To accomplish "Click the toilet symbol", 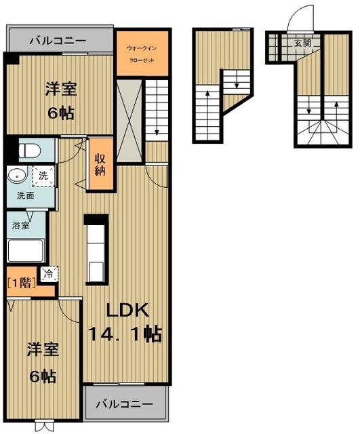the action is [x=30, y=151].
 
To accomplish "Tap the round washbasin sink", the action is [x=17, y=176].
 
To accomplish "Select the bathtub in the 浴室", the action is [x=26, y=250].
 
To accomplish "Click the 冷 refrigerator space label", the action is [x=49, y=274].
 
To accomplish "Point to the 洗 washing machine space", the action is [x=43, y=176].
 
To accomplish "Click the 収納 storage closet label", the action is [x=100, y=164].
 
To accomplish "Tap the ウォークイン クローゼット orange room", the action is [x=142, y=53].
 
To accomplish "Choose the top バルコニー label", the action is [x=58, y=41].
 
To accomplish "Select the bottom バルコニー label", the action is [x=125, y=404].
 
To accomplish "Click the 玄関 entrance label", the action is [x=302, y=43].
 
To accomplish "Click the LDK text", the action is [x=128, y=311].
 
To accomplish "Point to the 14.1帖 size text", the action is [x=125, y=334].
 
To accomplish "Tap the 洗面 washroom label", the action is [x=25, y=196].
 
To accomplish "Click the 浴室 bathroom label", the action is [x=21, y=225].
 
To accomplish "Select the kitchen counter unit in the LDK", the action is [x=96, y=250].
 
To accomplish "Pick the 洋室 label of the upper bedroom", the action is [x=61, y=89].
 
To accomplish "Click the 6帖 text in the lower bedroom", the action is [x=43, y=376].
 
